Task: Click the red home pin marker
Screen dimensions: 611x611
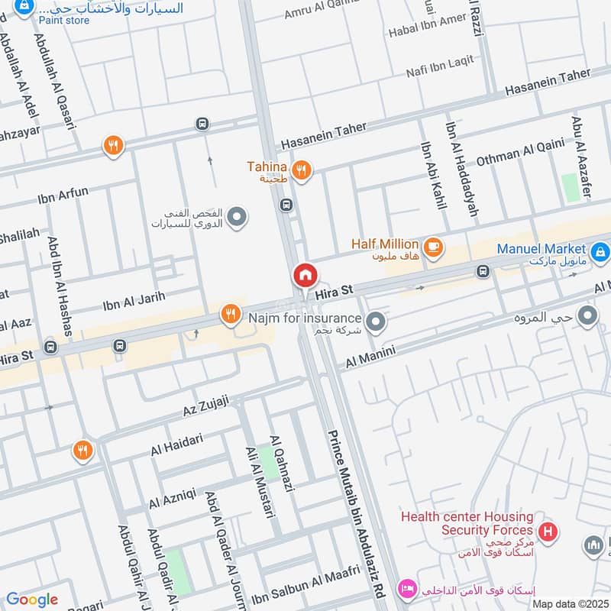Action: pyautogui.click(x=304, y=275)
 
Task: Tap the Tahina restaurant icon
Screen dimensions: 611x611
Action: pyautogui.click(x=302, y=170)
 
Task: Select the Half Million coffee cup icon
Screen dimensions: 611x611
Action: pyautogui.click(x=433, y=247)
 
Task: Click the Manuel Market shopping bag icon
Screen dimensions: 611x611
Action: pyautogui.click(x=600, y=250)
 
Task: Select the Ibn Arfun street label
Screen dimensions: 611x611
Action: pyautogui.click(x=63, y=196)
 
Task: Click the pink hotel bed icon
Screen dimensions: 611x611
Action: pyautogui.click(x=406, y=589)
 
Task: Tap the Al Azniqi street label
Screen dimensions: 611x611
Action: pyautogui.click(x=173, y=500)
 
